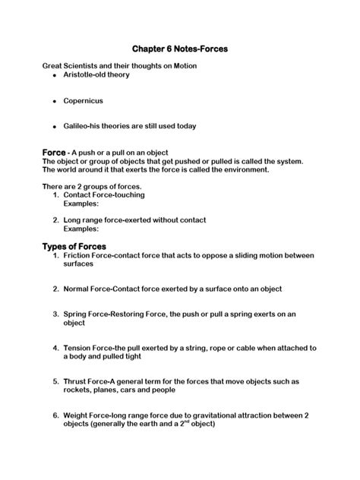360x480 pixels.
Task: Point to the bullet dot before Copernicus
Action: [x=55, y=101]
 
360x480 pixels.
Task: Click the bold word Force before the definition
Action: [x=55, y=152]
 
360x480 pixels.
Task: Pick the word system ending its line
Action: [x=288, y=161]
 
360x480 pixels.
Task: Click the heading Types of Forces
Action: [x=74, y=246]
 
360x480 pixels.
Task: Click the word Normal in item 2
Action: [x=78, y=289]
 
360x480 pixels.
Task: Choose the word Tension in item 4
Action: [x=80, y=347]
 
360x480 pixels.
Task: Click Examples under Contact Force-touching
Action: [x=81, y=204]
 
